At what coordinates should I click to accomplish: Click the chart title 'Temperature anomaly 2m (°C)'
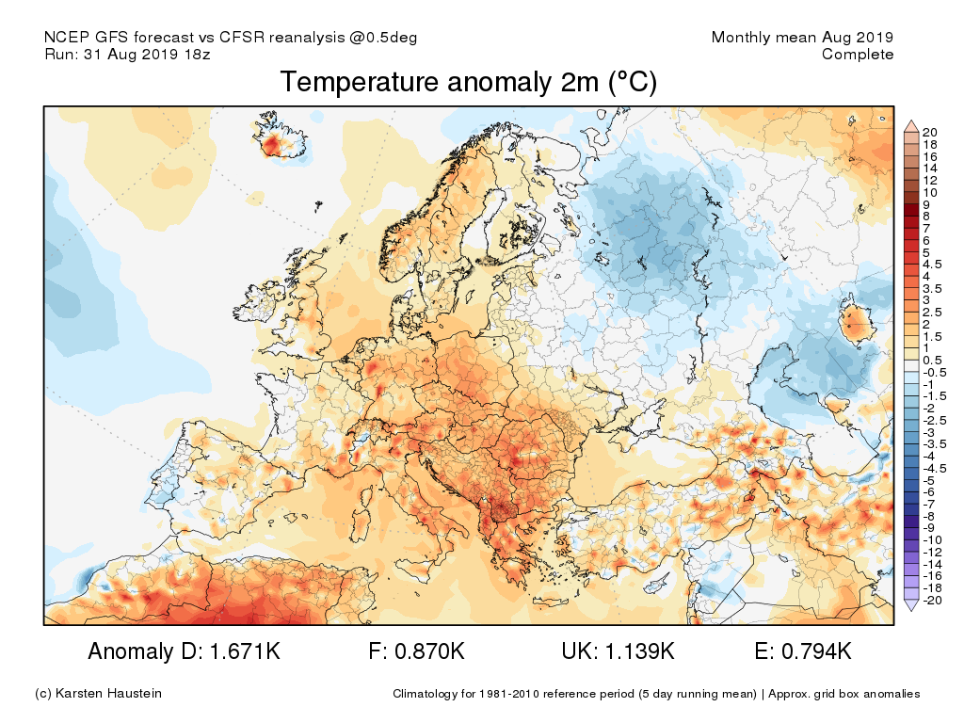click(468, 83)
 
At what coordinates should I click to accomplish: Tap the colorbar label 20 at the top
click(930, 131)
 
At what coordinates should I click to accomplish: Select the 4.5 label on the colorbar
click(933, 265)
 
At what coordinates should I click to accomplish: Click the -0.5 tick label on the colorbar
click(935, 372)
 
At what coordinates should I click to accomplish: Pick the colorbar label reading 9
click(927, 204)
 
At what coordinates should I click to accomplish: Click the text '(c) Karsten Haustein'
click(98, 694)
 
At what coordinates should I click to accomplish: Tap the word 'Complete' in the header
click(858, 55)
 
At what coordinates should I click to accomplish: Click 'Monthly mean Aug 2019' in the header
click(802, 38)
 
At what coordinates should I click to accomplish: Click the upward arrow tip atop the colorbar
click(910, 123)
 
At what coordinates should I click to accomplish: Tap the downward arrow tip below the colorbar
click(910, 609)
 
